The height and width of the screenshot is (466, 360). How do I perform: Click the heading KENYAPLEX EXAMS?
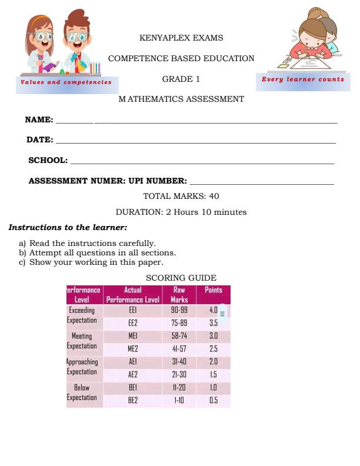[181, 38]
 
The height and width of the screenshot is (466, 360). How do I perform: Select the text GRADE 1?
[181, 79]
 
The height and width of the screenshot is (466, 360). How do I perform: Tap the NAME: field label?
[39, 119]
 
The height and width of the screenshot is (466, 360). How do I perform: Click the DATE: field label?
[40, 139]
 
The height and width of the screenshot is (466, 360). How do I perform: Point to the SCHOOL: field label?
[48, 160]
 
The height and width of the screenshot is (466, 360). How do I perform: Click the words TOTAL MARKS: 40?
[181, 196]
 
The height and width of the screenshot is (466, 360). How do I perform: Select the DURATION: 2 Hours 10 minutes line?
[181, 212]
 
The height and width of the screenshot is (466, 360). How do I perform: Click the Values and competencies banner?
[66, 82]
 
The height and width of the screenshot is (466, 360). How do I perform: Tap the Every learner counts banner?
[303, 79]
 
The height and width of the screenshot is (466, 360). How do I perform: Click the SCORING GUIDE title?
[181, 278]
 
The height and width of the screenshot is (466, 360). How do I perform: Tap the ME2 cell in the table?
[132, 348]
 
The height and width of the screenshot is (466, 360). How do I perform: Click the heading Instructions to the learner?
[68, 227]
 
